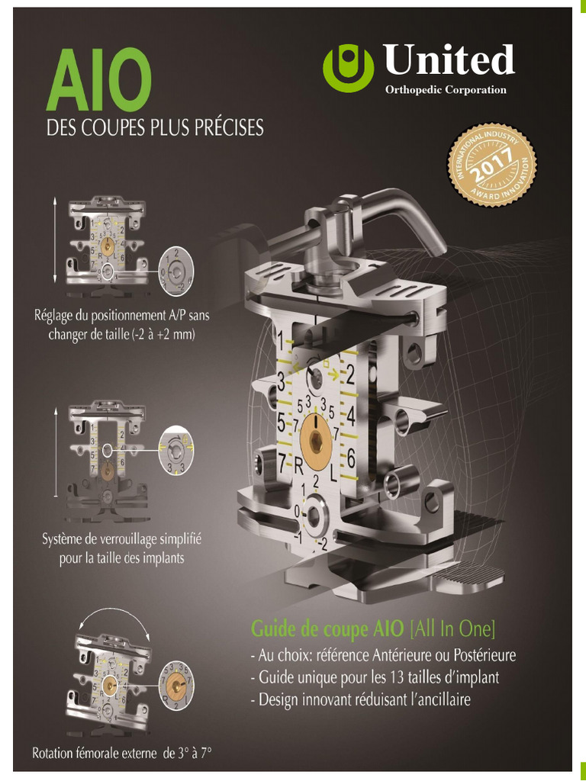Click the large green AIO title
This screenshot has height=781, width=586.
pos(99,79)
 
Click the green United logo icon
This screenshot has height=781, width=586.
pos(348,67)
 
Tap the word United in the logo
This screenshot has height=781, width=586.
pos(449,59)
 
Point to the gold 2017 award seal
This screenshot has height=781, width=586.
pos(492,166)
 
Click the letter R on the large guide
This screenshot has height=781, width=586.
pos(298,466)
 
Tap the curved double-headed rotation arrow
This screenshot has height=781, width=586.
pos(114,617)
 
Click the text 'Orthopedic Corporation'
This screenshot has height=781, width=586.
pos(446,90)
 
